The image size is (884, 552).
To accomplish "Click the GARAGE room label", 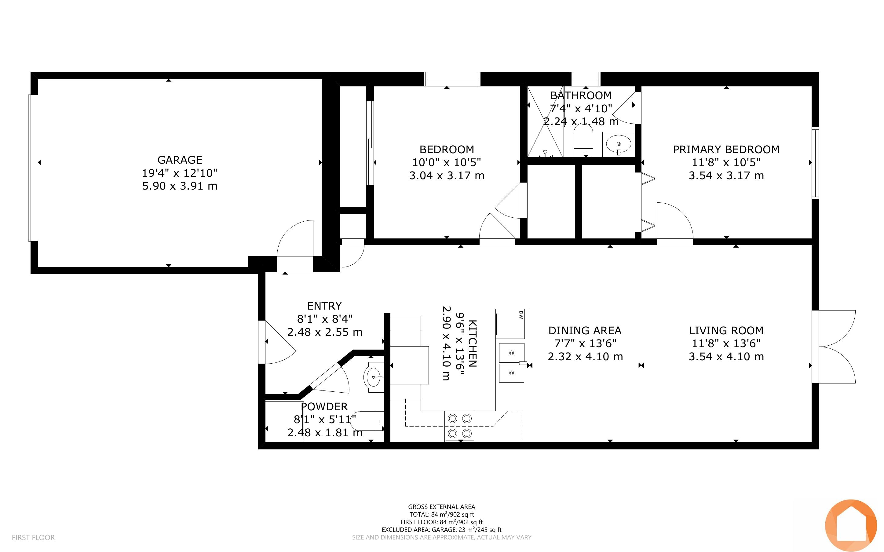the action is [180, 160].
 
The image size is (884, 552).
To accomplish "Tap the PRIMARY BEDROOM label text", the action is [726, 150].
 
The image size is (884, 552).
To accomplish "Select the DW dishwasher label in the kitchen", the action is [521, 315].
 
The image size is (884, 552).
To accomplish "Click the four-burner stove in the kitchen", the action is [460, 426].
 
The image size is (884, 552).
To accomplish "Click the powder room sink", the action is [374, 377].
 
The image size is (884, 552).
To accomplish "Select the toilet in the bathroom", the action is [583, 140].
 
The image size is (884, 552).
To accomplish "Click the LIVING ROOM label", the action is [726, 331].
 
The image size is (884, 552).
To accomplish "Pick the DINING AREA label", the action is [585, 331].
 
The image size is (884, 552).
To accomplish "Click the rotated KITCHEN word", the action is [473, 343].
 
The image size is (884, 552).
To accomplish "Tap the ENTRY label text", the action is [324, 306].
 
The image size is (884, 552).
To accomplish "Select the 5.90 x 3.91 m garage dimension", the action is [180, 186].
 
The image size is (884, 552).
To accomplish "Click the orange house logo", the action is [851, 525].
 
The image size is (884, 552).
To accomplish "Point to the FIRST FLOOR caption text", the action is [33, 537].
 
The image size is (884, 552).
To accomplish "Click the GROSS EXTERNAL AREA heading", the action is [441, 507].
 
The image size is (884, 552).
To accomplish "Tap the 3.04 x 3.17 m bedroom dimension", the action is [447, 176].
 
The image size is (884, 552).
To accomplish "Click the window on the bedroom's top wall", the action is [452, 79].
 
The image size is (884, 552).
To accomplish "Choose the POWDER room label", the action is [324, 407].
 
